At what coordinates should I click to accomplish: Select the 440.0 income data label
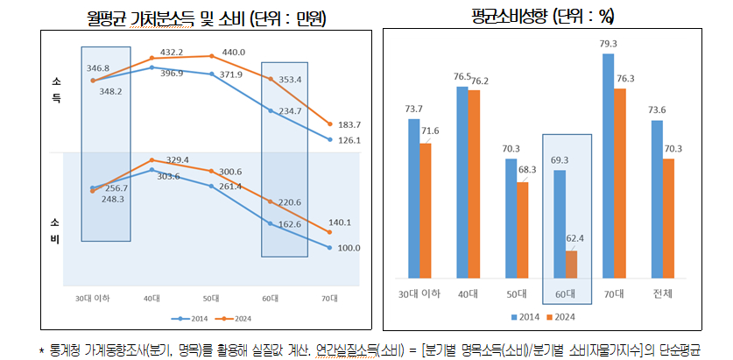[234, 53]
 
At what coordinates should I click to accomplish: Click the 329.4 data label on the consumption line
[177, 159]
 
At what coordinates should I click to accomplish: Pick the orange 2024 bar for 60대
[571, 264]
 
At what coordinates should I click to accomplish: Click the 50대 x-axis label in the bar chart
[517, 293]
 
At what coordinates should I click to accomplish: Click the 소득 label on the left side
[54, 90]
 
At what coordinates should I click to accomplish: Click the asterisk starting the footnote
[41, 349]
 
